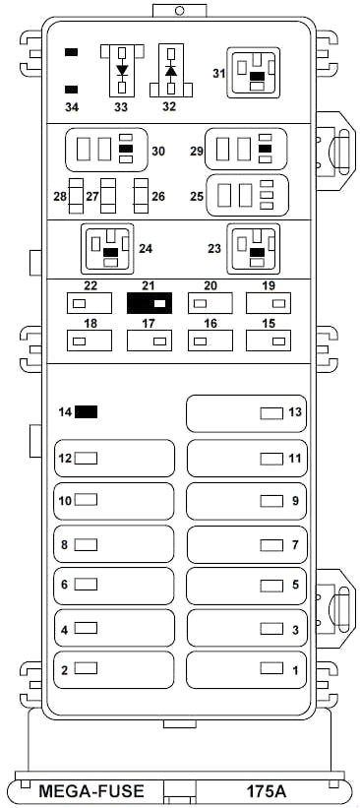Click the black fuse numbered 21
(150, 303)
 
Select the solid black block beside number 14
(86, 411)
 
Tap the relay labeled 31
(254, 73)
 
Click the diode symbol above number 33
(122, 70)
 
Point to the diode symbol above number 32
(171, 70)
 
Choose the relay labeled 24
(107, 248)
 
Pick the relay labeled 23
(254, 248)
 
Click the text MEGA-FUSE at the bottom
(91, 790)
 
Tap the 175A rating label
(267, 790)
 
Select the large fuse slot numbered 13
(246, 413)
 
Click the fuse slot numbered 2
(114, 669)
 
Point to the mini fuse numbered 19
(269, 303)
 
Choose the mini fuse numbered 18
(90, 341)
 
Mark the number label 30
(158, 151)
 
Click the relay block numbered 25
(247, 195)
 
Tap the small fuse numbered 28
(76, 196)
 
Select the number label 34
(71, 107)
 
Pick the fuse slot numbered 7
(246, 544)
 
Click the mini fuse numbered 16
(210, 341)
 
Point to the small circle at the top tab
(180, 10)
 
